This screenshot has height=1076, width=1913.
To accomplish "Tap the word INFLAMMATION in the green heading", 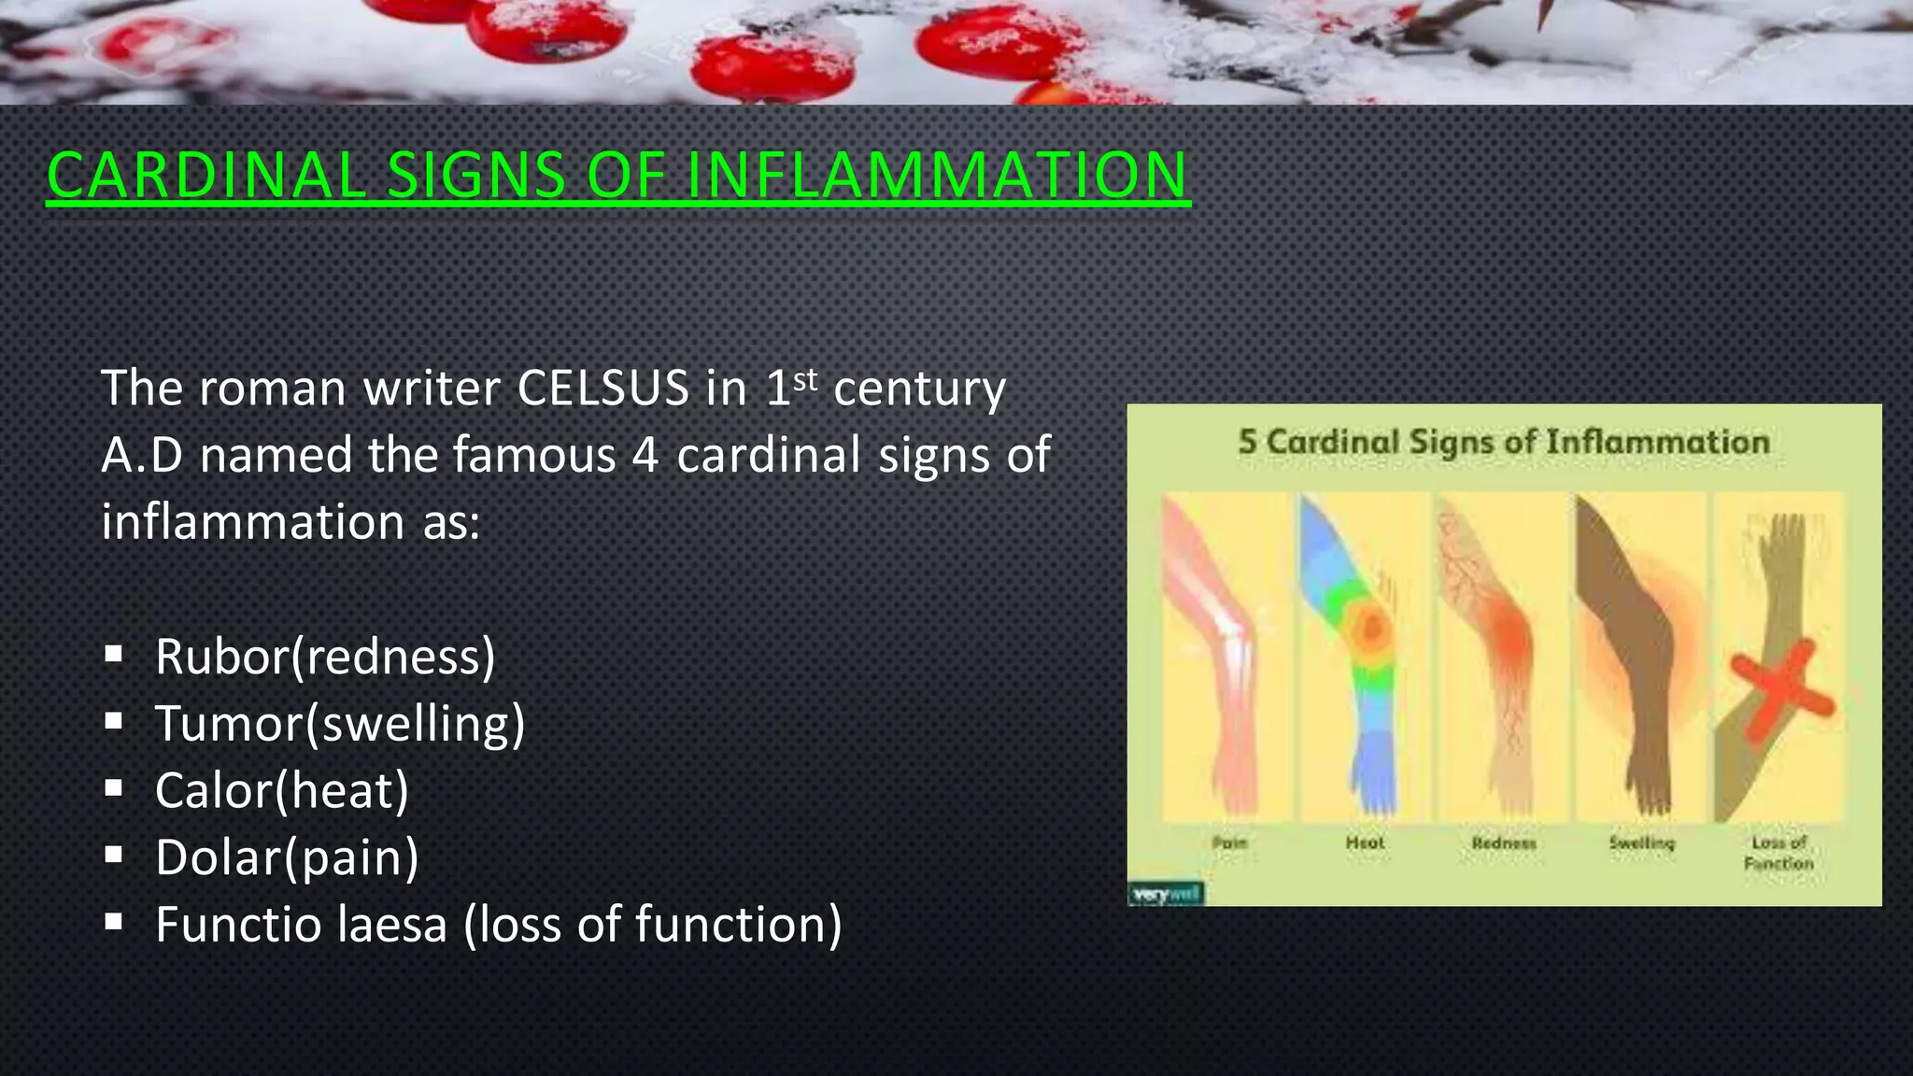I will tap(938, 176).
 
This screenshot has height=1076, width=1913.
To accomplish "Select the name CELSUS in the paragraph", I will tap(602, 388).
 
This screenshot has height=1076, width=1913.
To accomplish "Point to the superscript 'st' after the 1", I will tap(805, 379).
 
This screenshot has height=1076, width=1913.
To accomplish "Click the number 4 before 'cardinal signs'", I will tap(645, 456).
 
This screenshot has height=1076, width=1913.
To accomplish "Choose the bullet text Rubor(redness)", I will tap(325, 657).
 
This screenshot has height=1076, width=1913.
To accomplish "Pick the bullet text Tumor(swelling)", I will tap(340, 724).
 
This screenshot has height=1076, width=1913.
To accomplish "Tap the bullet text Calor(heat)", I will tap(282, 791).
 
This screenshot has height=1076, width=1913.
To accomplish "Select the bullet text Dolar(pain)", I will tap(287, 857).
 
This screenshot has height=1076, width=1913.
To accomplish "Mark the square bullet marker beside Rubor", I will tap(114, 655).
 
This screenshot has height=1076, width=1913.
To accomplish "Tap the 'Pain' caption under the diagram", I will tap(1229, 842).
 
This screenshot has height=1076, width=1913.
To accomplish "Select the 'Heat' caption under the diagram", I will tap(1365, 842).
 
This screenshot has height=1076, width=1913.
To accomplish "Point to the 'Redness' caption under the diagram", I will tap(1503, 842).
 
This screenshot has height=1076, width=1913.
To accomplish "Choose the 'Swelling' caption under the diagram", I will tap(1641, 842).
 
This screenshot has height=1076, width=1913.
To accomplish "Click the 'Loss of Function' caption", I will tap(1778, 853).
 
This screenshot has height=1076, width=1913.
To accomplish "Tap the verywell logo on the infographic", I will tap(1166, 894).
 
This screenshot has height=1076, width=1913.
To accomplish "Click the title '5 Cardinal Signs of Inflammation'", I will tap(1503, 442).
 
